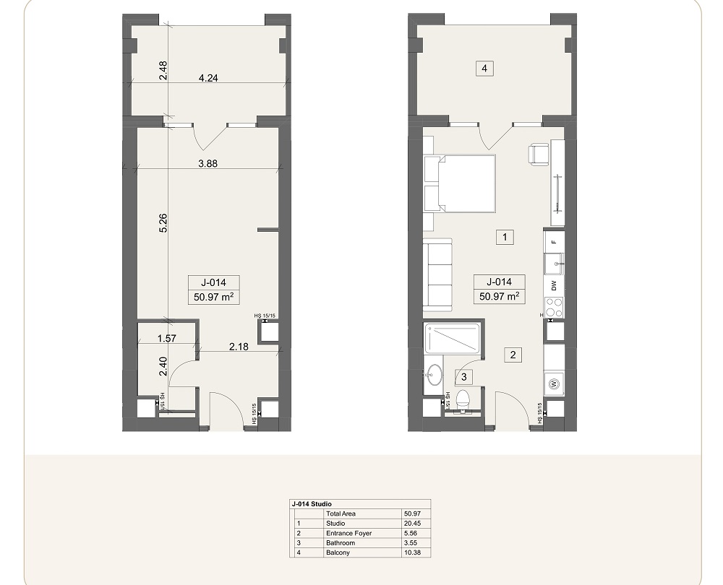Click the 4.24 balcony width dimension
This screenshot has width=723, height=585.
tap(208, 79)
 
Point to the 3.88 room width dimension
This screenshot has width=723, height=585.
tap(208, 164)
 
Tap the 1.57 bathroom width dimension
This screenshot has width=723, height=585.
tap(167, 338)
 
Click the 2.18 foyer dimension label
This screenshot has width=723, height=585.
tap(239, 347)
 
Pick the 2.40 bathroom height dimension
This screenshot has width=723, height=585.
tap(163, 367)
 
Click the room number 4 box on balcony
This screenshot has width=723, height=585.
tap(485, 69)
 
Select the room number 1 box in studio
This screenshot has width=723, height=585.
tap(506, 236)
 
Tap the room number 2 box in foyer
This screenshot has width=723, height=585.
tap(513, 355)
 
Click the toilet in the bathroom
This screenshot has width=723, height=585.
tap(463, 398)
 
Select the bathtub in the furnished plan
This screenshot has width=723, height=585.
tap(453, 338)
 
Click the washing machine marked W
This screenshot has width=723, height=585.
tap(555, 383)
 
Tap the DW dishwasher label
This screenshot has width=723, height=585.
tap(554, 286)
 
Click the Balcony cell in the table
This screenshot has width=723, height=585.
tap(338, 552)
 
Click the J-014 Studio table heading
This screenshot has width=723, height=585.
tap(312, 504)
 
